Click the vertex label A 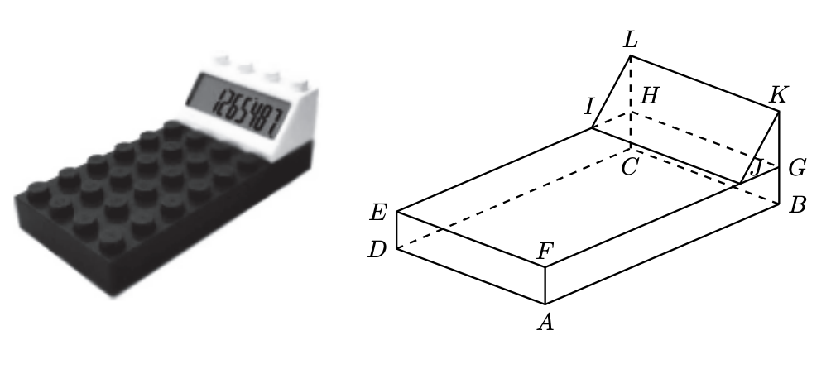pyautogui.click(x=545, y=322)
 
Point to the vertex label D pyautogui.click(x=377, y=247)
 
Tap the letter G pyautogui.click(x=798, y=168)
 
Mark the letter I pyautogui.click(x=589, y=105)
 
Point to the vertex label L pyautogui.click(x=632, y=40)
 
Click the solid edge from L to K pyautogui.click(x=705, y=84)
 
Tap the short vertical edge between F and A pyautogui.click(x=545, y=285)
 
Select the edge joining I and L pyautogui.click(x=612, y=92)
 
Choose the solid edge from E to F pyautogui.click(x=470, y=239)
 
